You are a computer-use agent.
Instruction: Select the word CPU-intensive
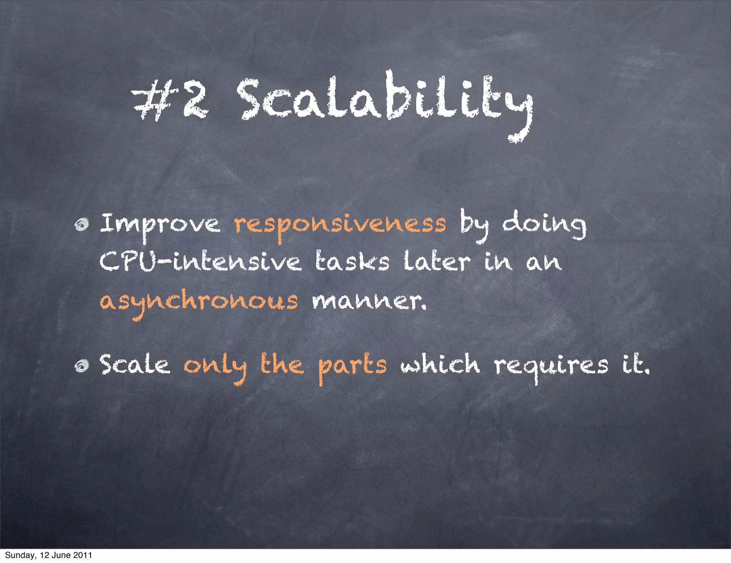(x=200, y=262)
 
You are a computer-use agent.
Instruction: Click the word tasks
(x=352, y=262)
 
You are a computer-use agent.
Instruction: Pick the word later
(x=437, y=262)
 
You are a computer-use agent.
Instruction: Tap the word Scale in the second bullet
(x=135, y=365)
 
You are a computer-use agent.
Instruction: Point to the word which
(x=440, y=365)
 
